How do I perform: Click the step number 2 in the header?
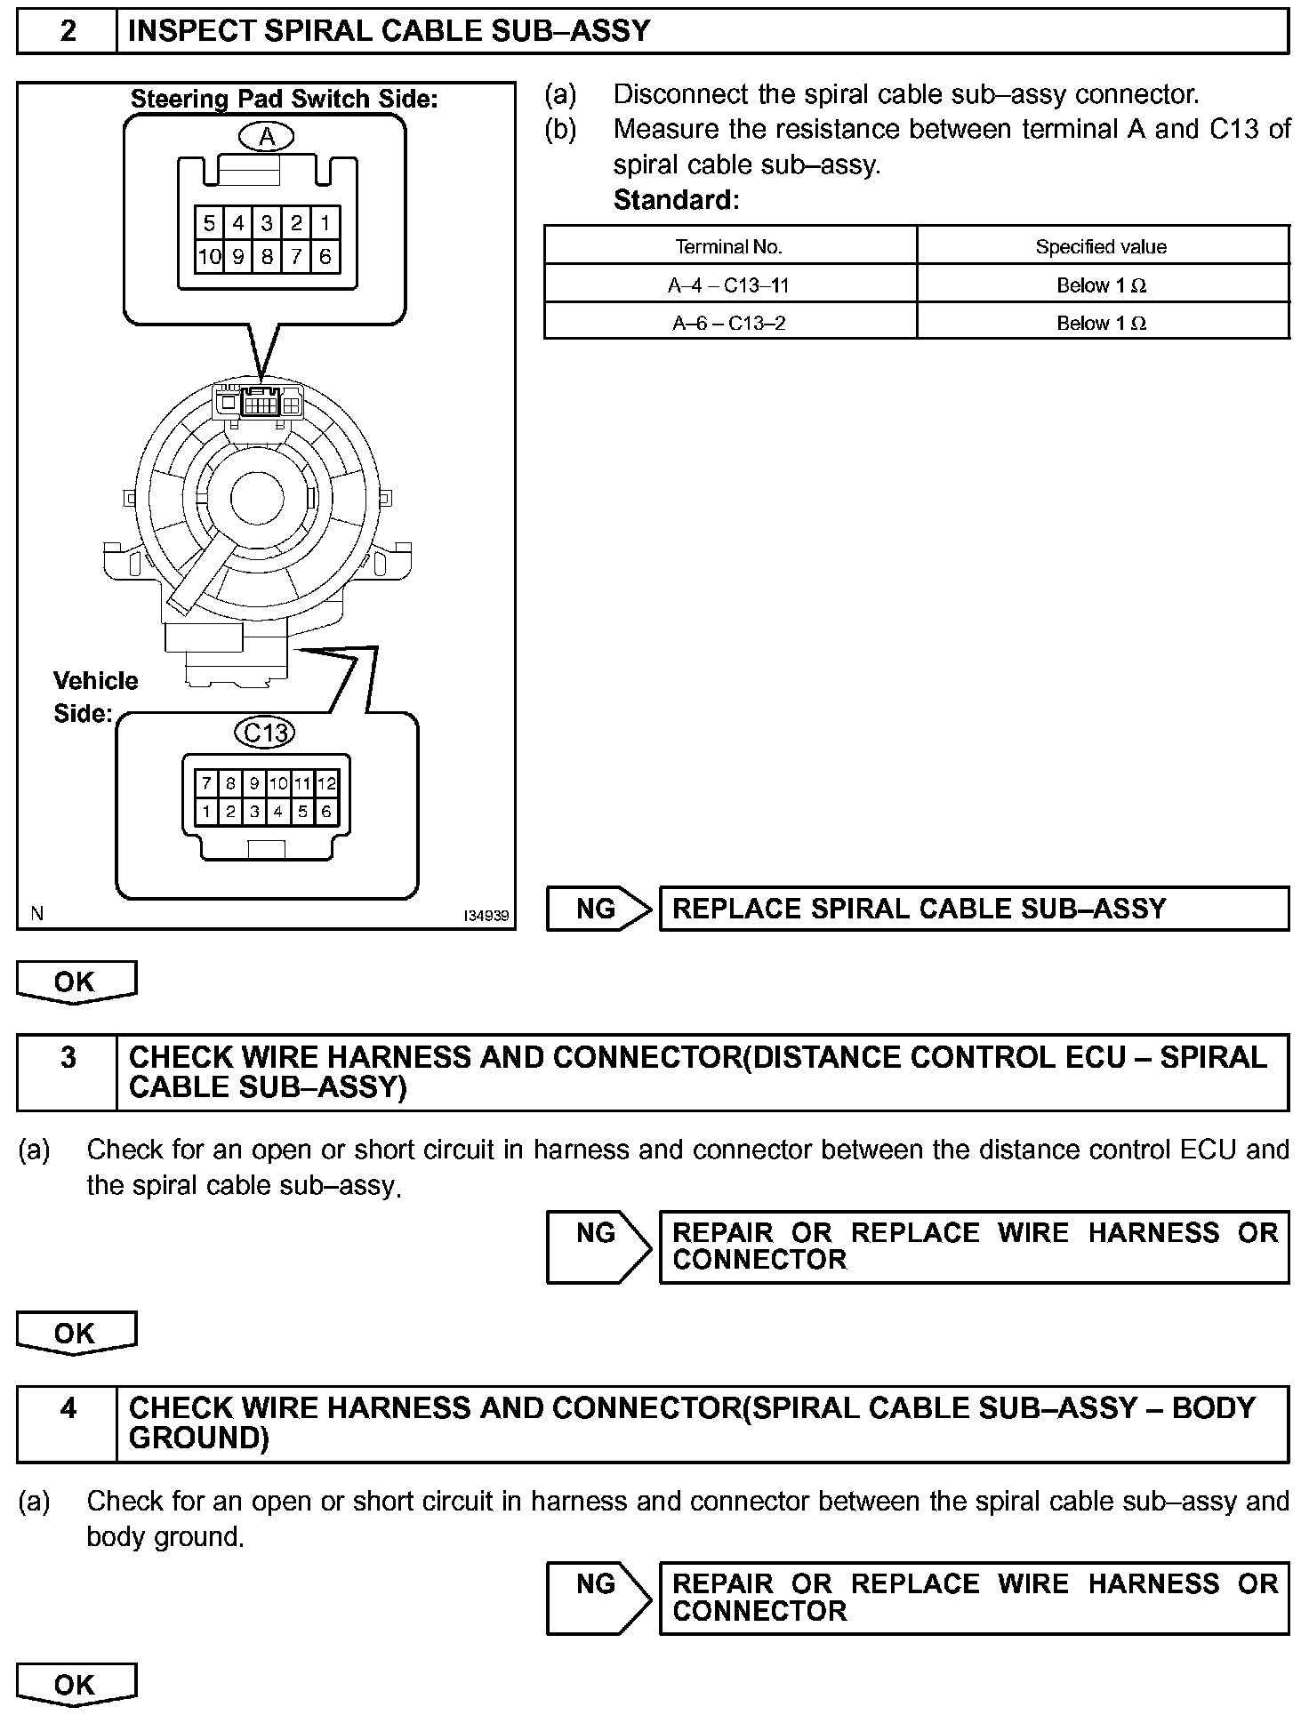point(68,32)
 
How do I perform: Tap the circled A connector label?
point(266,137)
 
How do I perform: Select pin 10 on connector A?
point(209,258)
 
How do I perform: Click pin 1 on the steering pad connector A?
point(325,223)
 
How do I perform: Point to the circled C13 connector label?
point(266,733)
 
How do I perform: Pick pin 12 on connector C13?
point(326,783)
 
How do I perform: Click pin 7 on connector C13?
point(206,783)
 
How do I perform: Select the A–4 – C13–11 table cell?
point(729,285)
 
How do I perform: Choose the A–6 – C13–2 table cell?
point(729,323)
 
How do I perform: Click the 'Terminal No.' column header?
point(729,247)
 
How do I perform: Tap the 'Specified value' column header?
point(1101,247)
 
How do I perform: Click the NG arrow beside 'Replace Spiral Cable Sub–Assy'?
point(598,909)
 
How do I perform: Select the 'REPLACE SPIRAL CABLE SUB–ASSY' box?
point(973,909)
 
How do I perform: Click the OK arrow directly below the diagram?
point(76,982)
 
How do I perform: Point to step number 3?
point(68,1058)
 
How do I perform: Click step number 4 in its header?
point(68,1409)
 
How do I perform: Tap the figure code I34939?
point(486,916)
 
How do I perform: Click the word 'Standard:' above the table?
point(676,200)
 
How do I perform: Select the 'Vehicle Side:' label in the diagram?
point(95,697)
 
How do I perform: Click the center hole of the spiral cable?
point(257,499)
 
